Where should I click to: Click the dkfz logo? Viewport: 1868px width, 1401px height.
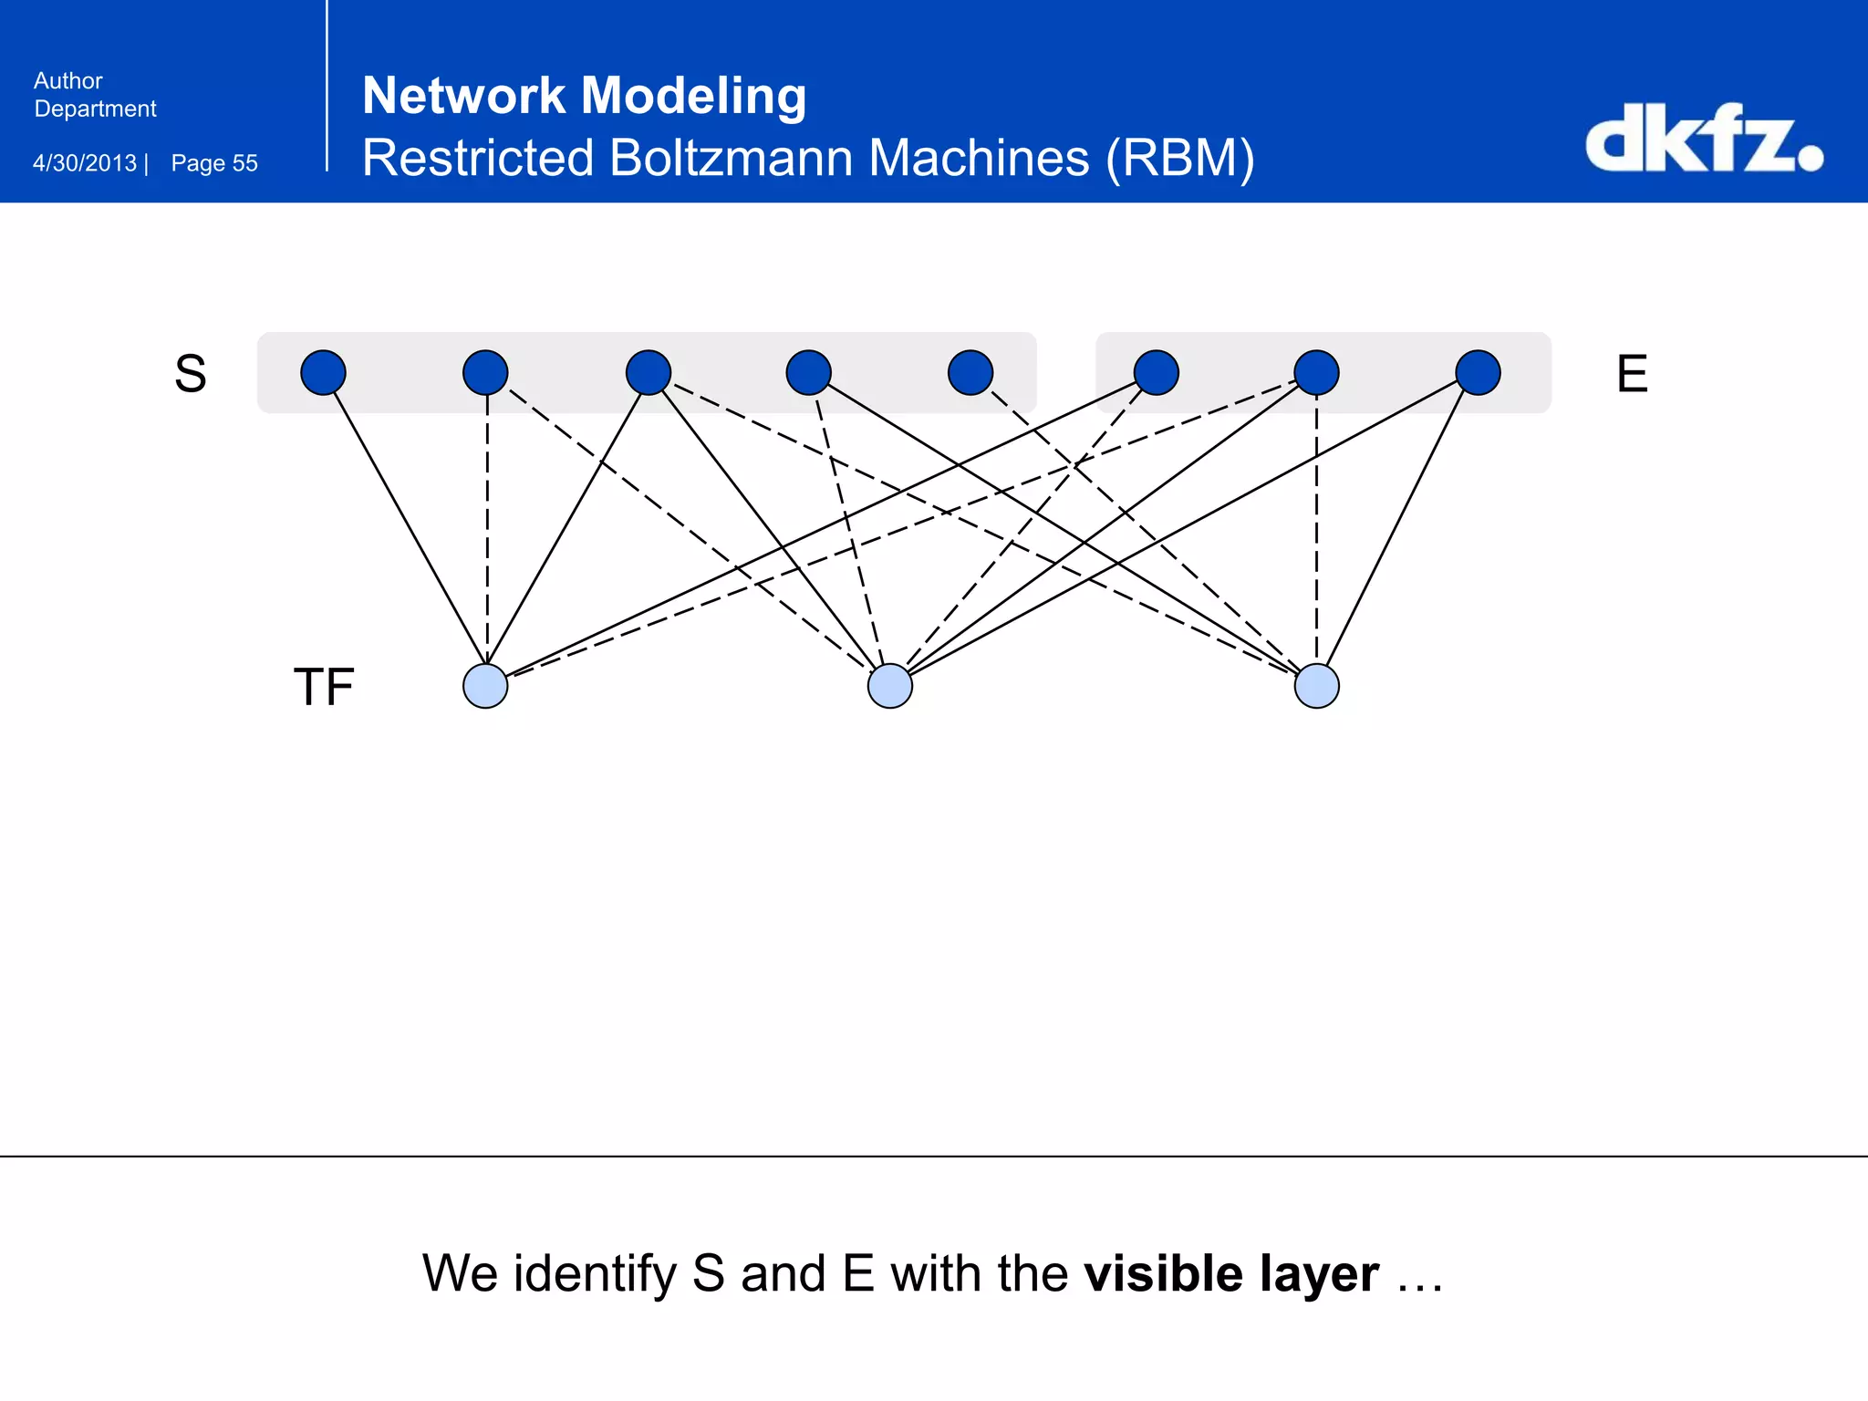click(x=1702, y=139)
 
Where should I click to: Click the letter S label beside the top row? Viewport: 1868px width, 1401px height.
click(x=191, y=374)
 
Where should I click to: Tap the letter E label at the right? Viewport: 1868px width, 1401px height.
click(x=1632, y=374)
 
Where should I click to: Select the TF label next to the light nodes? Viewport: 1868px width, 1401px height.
click(x=324, y=687)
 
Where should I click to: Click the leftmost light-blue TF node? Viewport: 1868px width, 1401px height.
click(x=485, y=686)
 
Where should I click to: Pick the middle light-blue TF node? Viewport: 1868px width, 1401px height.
click(x=890, y=686)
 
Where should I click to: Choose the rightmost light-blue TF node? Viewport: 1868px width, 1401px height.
click(x=1317, y=686)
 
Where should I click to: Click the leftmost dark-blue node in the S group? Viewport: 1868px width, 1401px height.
click(x=323, y=372)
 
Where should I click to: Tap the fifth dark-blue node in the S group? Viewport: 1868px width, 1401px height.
click(x=970, y=372)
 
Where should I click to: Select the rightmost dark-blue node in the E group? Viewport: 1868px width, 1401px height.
click(x=1479, y=372)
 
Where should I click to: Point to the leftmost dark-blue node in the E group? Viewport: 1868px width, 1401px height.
click(x=1157, y=372)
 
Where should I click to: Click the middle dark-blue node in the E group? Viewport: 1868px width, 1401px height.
click(x=1317, y=372)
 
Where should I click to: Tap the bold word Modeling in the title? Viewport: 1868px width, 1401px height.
click(x=693, y=96)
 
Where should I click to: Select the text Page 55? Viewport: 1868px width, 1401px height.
click(x=214, y=163)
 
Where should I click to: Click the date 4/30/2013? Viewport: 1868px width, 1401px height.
click(x=85, y=163)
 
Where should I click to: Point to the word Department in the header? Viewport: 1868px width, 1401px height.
click(x=95, y=109)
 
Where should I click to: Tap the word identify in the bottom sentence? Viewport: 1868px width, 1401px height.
click(x=595, y=1275)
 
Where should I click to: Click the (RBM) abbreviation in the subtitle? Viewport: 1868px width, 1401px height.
click(x=1180, y=159)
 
